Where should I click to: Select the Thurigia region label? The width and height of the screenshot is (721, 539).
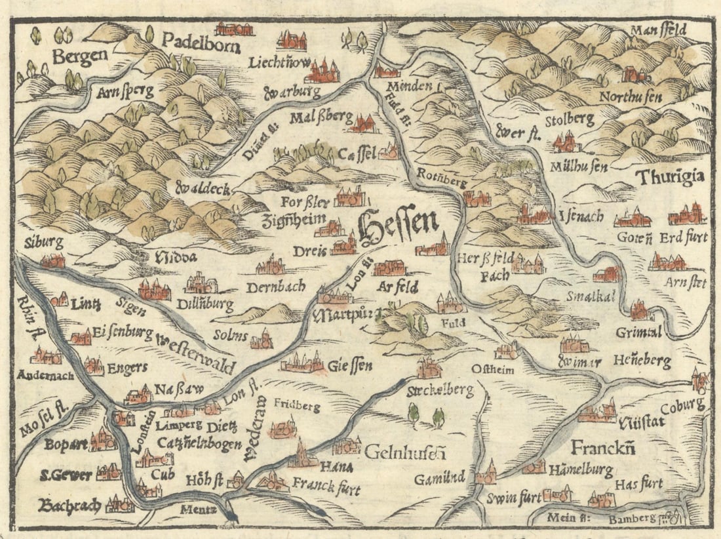pyautogui.click(x=670, y=177)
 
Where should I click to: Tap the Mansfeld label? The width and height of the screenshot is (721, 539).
pyautogui.click(x=667, y=31)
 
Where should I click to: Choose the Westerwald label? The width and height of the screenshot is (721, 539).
pyautogui.click(x=197, y=352)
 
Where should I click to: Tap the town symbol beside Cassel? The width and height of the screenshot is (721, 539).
pyautogui.click(x=389, y=153)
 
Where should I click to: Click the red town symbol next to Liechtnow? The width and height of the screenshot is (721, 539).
pyautogui.click(x=321, y=71)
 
